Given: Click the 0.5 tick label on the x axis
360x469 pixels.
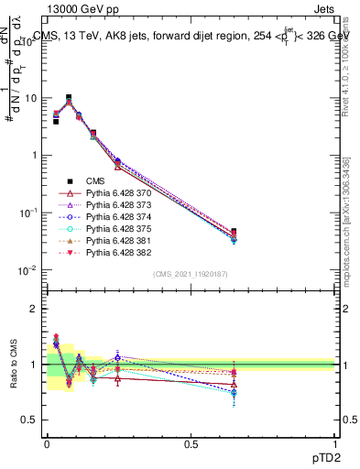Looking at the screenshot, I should pyautogui.click(x=191, y=442).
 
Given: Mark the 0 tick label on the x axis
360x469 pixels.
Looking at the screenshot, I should pyautogui.click(x=47, y=442).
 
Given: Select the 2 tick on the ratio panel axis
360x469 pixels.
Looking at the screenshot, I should pyautogui.click(x=35, y=309).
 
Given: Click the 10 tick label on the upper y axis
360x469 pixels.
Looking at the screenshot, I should pyautogui.click(x=30, y=98).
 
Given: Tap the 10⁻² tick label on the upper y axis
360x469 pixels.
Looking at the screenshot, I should pyautogui.click(x=27, y=270).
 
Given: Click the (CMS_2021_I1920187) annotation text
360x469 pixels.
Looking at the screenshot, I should pyautogui.click(x=191, y=274).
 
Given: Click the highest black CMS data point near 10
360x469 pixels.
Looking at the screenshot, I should pyautogui.click(x=69, y=97).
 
